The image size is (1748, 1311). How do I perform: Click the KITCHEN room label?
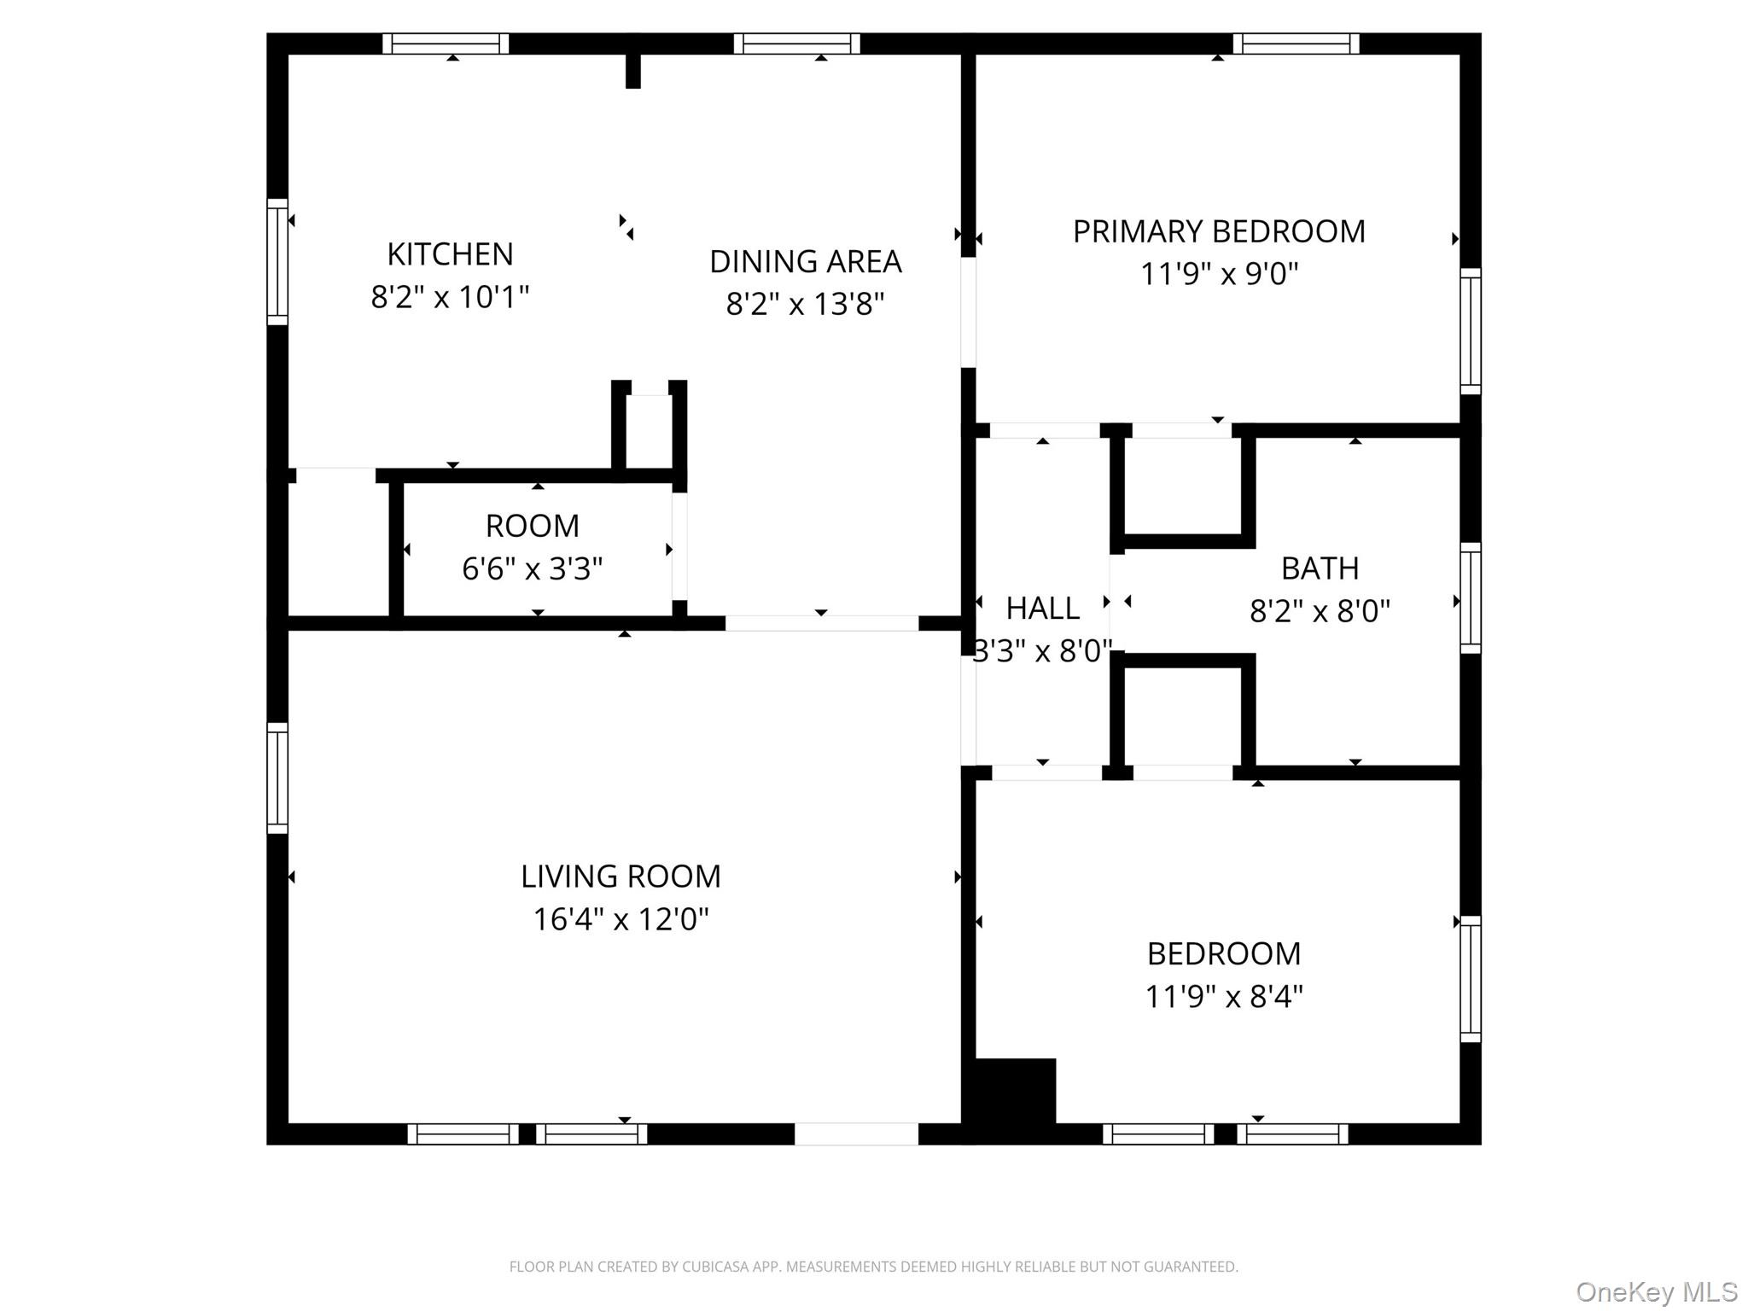(x=450, y=254)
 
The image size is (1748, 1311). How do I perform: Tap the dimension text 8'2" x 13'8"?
(x=805, y=304)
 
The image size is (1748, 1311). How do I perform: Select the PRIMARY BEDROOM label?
(x=1218, y=231)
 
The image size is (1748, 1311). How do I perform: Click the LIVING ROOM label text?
(x=621, y=877)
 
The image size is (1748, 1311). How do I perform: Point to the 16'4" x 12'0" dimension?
(x=621, y=919)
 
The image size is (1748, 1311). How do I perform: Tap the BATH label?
(x=1320, y=568)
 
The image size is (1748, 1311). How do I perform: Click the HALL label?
(x=1042, y=609)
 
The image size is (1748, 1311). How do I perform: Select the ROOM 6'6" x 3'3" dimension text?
(x=532, y=568)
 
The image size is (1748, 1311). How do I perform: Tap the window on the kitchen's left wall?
(x=277, y=261)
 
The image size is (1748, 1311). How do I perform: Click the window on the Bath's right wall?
(x=1470, y=597)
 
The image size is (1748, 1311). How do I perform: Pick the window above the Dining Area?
(x=796, y=44)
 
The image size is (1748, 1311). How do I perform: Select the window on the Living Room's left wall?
(x=277, y=778)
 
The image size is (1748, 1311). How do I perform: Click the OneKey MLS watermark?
(x=1656, y=1291)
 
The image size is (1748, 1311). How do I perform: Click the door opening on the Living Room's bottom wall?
(x=856, y=1133)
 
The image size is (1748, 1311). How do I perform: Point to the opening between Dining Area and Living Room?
(x=821, y=623)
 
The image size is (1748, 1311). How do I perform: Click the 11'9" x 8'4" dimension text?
(x=1223, y=996)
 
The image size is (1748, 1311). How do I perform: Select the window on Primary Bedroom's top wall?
(x=1296, y=44)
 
